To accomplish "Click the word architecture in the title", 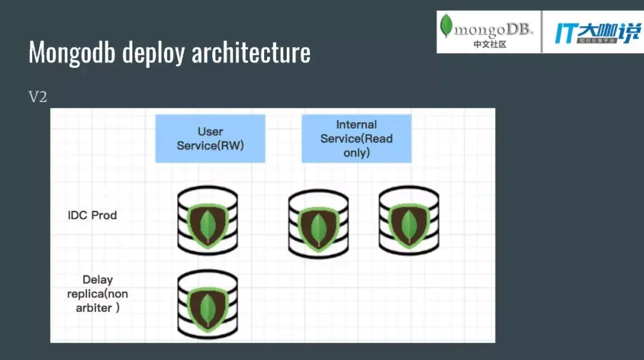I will click(251, 53).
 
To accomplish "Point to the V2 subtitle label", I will click(38, 97).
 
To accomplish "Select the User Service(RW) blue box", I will click(210, 138).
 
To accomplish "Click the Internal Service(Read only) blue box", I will click(356, 138).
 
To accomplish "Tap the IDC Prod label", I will click(92, 215).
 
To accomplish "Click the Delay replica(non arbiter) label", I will click(97, 294).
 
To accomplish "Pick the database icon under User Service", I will click(208, 221).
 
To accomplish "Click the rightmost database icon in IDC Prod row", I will click(408, 221).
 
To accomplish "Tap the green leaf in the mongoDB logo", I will click(445, 26).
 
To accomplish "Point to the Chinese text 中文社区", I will click(490, 44).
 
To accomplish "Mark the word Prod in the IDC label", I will click(104, 215).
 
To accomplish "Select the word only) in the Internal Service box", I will click(357, 153).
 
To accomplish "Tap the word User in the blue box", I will click(210, 132).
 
